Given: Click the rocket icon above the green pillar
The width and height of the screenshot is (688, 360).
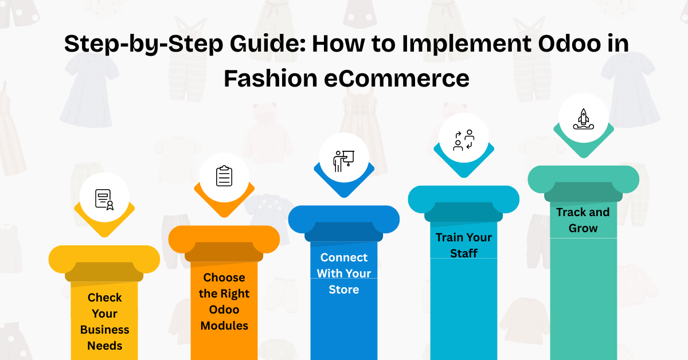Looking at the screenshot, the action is pos(584,119).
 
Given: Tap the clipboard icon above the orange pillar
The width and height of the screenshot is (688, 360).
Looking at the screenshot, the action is pos(224,175).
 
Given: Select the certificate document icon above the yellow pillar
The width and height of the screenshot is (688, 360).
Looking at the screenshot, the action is pos(104,199).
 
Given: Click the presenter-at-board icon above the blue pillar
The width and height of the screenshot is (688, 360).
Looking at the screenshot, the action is pos(343,161).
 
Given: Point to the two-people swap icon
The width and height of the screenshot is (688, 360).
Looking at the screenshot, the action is pos(464,140).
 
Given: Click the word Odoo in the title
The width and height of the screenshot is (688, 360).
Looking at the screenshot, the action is pos(569,44).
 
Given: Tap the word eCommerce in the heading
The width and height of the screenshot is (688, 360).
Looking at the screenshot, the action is pos(397,79).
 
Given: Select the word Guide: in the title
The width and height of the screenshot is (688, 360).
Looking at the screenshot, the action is pos(267,44).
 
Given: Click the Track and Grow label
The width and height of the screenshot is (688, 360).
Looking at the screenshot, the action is pos(583,220).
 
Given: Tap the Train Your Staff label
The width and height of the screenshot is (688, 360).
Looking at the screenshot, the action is pos(464,245).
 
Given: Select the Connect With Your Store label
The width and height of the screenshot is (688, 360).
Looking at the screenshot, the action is pos(343,273).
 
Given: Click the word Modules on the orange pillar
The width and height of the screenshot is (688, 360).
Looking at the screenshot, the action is pos(224,326).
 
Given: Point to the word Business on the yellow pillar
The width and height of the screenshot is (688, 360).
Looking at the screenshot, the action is pos(104,330).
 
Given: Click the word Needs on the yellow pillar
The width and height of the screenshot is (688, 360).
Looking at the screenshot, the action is pos(104,346).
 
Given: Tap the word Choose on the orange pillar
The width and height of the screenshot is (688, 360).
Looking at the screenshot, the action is pos(224,277).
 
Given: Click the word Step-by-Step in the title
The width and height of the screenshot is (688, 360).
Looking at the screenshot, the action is pos(143,44).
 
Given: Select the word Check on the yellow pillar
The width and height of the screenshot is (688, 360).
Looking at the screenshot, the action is pos(104,298).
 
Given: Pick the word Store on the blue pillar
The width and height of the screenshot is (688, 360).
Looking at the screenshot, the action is pos(343,289).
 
